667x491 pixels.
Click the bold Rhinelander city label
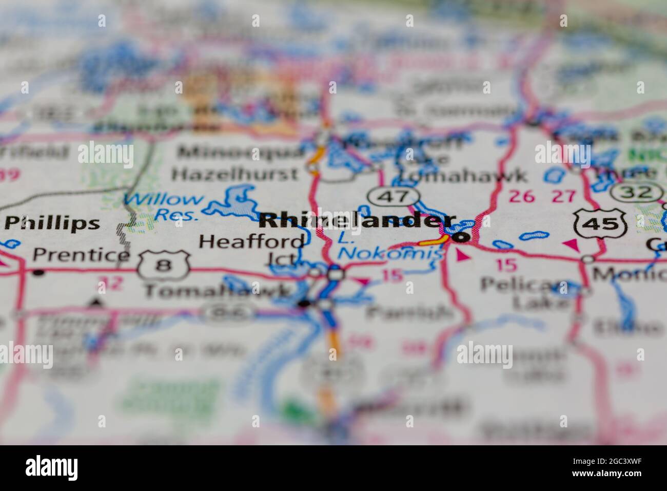coord(351,221)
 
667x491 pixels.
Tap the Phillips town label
coord(52,223)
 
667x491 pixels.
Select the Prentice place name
coord(81,255)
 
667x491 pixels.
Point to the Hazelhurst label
coord(235,174)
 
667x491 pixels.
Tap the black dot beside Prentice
coord(38,273)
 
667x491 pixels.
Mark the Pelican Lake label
coord(524,293)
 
